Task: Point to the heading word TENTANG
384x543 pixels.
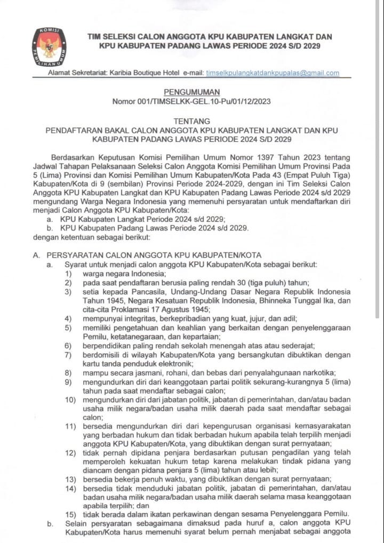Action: coord(192,121)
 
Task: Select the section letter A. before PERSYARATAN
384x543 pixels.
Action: coord(36,255)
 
